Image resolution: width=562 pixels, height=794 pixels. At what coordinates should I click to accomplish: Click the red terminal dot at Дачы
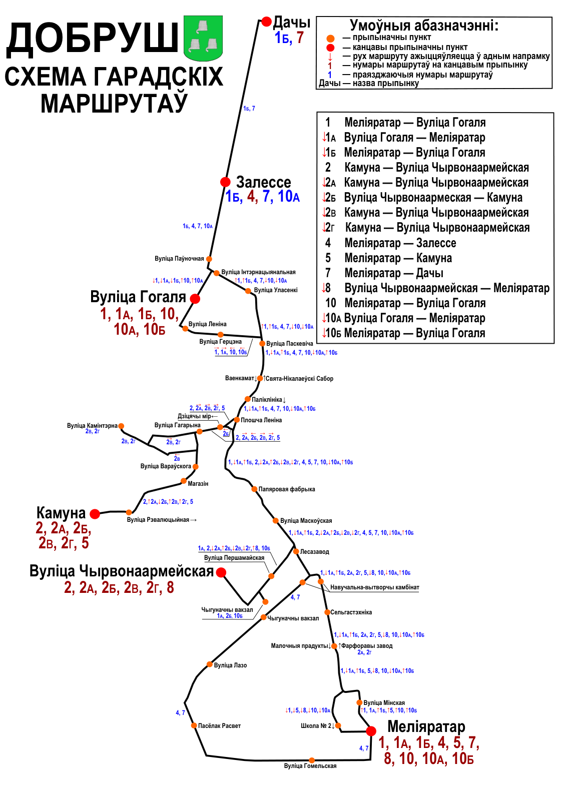(x=266, y=22)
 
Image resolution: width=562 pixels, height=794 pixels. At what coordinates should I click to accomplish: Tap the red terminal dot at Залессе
(x=225, y=182)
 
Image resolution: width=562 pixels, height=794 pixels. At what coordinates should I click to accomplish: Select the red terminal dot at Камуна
(x=95, y=514)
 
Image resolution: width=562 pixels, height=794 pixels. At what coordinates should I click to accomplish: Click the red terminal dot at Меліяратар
(x=371, y=731)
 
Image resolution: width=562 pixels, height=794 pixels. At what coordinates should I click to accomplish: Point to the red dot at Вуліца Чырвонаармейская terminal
(x=221, y=572)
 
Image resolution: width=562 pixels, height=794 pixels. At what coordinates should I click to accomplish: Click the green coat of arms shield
(x=203, y=38)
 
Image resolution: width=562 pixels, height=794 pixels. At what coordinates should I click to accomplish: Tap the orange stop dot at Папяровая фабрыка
(x=254, y=489)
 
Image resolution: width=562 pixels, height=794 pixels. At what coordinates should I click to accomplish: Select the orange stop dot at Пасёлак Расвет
(x=194, y=725)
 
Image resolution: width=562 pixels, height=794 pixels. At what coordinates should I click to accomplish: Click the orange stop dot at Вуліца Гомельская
(x=312, y=760)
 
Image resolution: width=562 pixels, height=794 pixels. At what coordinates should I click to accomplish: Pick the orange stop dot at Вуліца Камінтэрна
(x=121, y=426)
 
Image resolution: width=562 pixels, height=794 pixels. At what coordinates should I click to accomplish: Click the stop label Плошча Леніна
(x=261, y=420)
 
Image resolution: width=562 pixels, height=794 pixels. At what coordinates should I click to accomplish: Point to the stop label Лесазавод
(x=314, y=551)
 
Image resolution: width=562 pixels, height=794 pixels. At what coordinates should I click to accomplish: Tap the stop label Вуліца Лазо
(x=231, y=665)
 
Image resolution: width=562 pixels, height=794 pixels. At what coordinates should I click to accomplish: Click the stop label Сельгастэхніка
(x=351, y=612)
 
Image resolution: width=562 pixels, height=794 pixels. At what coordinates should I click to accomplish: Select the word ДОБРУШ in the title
(x=92, y=40)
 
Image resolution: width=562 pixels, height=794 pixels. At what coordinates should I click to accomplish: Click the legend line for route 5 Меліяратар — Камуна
(x=389, y=258)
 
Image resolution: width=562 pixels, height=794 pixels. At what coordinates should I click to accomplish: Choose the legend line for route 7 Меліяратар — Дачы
(x=384, y=273)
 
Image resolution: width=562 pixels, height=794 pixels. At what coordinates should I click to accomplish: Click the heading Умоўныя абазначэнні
(x=424, y=26)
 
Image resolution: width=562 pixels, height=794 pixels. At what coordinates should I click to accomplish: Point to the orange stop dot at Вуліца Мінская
(x=359, y=702)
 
